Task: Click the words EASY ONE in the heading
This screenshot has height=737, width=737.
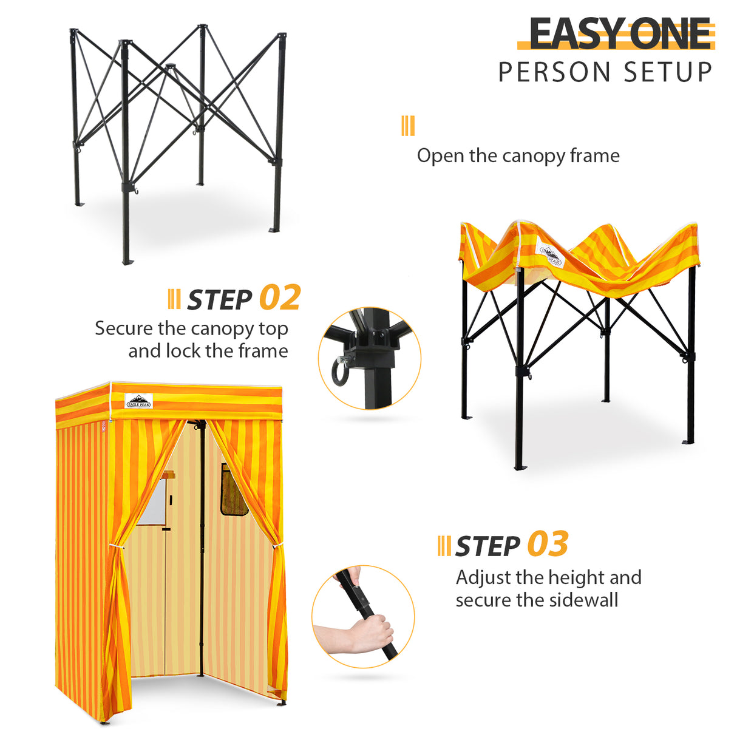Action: point(620,34)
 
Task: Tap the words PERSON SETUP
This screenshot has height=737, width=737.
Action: point(605,72)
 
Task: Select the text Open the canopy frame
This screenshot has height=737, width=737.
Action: point(518,156)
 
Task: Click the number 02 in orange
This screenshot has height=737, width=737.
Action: point(280,298)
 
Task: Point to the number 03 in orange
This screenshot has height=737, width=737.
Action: point(548,544)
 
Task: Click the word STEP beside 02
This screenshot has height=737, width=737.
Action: point(219,300)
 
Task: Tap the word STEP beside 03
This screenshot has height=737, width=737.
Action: point(487,546)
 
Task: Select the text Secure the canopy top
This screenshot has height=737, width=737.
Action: point(191,328)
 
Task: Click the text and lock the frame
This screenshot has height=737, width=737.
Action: point(208,351)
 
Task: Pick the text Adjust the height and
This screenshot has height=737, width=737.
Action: point(548,577)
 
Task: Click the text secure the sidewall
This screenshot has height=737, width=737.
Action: point(537,600)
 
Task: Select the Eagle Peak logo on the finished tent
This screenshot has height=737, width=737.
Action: point(138,401)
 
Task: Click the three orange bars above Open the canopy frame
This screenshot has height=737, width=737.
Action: point(408,126)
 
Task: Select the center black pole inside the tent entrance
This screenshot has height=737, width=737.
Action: point(201,546)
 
